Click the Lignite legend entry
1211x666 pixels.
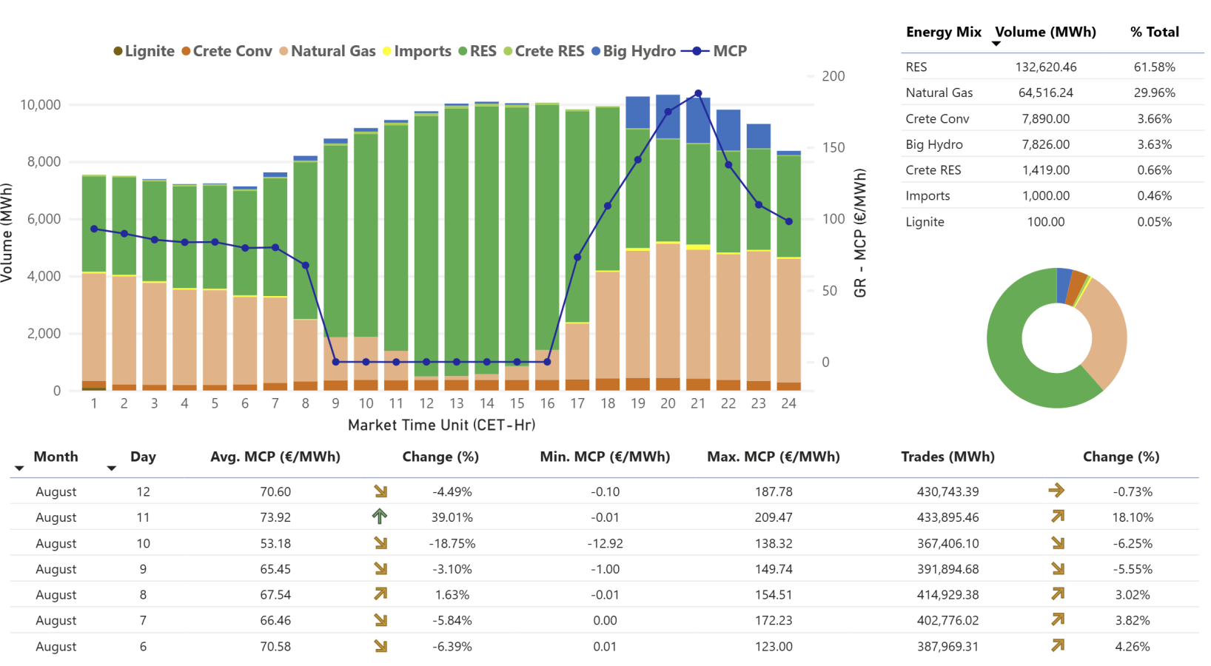[x=144, y=51]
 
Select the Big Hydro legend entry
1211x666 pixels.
[x=634, y=51]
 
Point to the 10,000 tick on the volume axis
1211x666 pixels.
[x=41, y=105]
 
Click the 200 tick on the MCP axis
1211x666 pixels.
[x=833, y=76]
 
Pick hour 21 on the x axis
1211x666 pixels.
[x=698, y=403]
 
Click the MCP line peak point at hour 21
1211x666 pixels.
[x=698, y=94]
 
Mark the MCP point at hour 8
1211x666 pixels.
[x=306, y=265]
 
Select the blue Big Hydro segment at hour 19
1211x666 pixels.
[x=637, y=112]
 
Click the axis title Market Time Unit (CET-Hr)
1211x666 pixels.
[x=441, y=425]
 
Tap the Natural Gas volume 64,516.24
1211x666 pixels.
[x=1045, y=92]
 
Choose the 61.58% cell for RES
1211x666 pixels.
[x=1154, y=67]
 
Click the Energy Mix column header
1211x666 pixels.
[x=943, y=32]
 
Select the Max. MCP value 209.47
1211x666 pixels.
[x=774, y=517]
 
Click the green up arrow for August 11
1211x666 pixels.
[x=380, y=517]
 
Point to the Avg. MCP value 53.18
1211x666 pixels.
[x=275, y=543]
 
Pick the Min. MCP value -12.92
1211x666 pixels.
[x=605, y=543]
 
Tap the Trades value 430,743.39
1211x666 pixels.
[x=947, y=491]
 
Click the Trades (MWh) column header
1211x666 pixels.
[x=947, y=457]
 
